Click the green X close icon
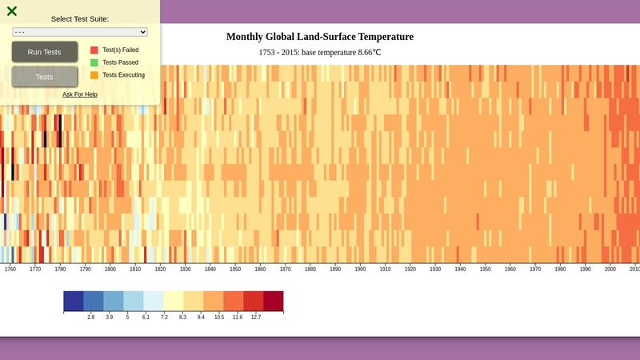tap(12, 11)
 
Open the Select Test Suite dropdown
tap(80, 31)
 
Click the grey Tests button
tap(45, 77)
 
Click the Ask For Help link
tap(80, 94)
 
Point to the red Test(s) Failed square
tap(94, 50)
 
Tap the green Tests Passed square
tap(94, 62)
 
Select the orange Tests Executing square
tap(94, 75)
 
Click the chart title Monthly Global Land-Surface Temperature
tap(320, 37)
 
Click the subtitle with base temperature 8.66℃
tap(320, 52)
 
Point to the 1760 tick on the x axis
tap(10, 270)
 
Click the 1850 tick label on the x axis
tap(235, 270)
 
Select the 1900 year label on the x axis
tap(360, 270)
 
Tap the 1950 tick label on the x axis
tap(485, 270)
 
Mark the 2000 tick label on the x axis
tap(610, 270)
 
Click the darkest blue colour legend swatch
tap(74, 301)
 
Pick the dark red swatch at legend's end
tap(273, 301)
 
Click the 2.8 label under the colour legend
tap(91, 318)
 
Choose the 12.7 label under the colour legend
tap(255, 318)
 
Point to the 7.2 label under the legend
tap(164, 318)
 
